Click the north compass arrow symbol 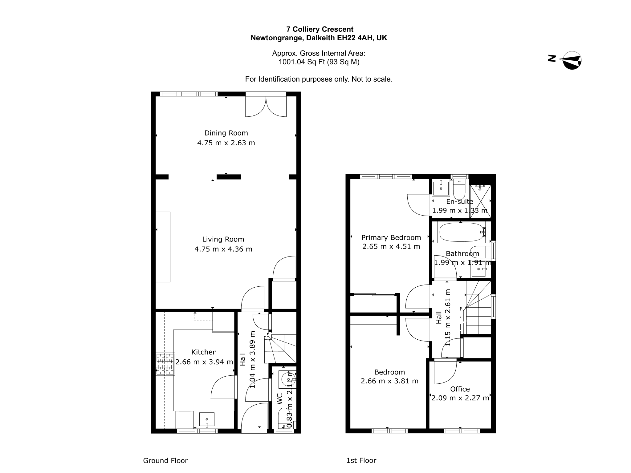[x=570, y=60]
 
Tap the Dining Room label [x=226, y=133]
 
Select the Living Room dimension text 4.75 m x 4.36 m [x=223, y=249]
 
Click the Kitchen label [x=204, y=352]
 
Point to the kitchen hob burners [x=165, y=364]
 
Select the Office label [x=460, y=389]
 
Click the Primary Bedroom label [x=391, y=238]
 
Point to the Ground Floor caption [x=165, y=461]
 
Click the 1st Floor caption [x=361, y=460]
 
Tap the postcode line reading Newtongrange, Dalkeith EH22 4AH [x=319, y=38]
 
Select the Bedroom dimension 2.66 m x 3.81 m [x=390, y=381]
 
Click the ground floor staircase [x=280, y=349]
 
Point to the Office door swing [x=445, y=372]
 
